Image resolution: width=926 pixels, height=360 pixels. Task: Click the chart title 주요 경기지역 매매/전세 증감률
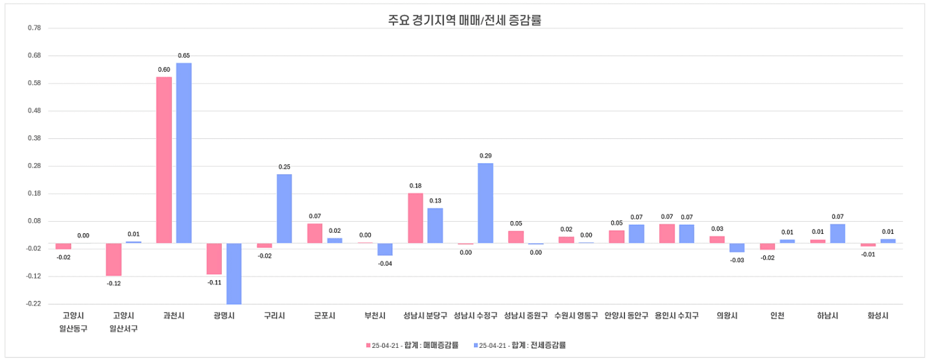pyautogui.click(x=464, y=20)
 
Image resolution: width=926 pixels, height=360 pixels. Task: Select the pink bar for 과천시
pyautogui.click(x=164, y=160)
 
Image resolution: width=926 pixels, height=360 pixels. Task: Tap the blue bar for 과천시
pyautogui.click(x=184, y=153)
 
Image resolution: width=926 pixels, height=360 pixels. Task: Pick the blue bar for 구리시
pyautogui.click(x=285, y=208)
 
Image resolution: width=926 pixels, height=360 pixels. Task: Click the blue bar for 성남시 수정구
pyautogui.click(x=486, y=203)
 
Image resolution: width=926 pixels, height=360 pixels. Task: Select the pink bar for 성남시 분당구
pyautogui.click(x=415, y=218)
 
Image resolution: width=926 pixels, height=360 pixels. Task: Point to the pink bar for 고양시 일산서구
pyautogui.click(x=113, y=259)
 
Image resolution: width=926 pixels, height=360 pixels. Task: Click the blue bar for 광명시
pyautogui.click(x=234, y=274)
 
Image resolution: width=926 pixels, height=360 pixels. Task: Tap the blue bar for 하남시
pyautogui.click(x=838, y=233)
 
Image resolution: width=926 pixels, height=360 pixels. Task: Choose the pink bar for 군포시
pyautogui.click(x=315, y=233)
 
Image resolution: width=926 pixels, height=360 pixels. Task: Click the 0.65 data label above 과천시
pyautogui.click(x=184, y=55)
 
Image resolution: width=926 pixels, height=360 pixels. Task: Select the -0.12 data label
pyautogui.click(x=114, y=283)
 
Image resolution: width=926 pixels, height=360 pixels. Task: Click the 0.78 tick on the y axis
pyautogui.click(x=34, y=28)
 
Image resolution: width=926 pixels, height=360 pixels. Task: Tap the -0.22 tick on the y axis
pyautogui.click(x=34, y=304)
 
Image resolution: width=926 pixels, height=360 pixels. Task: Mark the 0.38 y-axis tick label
pyautogui.click(x=34, y=138)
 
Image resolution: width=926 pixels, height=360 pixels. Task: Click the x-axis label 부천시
pyautogui.click(x=374, y=316)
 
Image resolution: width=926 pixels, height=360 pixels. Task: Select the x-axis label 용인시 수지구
pyautogui.click(x=677, y=316)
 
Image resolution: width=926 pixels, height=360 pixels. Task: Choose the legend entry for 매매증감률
pyautogui.click(x=412, y=345)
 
